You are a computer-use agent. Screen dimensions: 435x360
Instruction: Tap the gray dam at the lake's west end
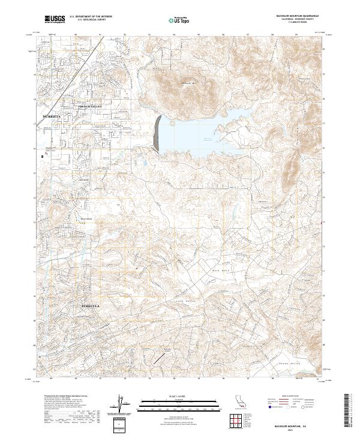[x=157, y=133]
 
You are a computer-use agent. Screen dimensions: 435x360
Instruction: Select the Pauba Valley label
[x=289, y=363]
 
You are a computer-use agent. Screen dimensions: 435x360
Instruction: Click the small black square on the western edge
[x=41, y=157]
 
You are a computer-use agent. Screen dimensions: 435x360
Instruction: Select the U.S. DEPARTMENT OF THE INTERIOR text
[x=90, y=17]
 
